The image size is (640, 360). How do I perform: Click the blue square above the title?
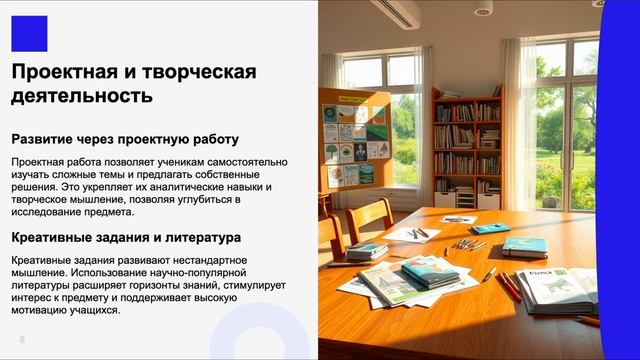coord(29,33)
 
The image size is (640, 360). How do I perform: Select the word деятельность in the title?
coord(82,96)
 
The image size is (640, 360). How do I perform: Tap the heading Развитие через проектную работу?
coord(125,139)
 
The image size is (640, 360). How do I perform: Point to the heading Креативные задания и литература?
coord(125,238)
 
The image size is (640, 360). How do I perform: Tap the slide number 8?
coord(21,339)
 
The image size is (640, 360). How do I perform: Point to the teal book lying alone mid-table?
coord(524,246)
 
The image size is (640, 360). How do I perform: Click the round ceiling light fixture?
coord(482,9)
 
